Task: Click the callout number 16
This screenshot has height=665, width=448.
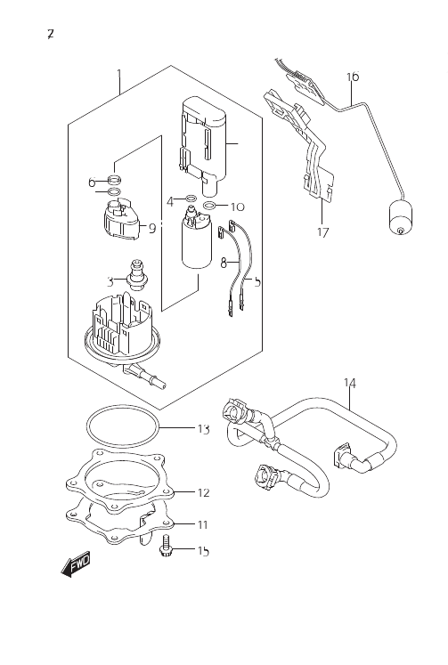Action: point(353,77)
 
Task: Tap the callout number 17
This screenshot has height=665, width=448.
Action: point(322,232)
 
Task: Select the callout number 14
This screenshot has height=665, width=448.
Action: point(349,384)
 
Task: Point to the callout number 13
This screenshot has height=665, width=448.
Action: point(204,429)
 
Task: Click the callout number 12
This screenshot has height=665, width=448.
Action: point(204,493)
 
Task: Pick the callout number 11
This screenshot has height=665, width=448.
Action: point(203,525)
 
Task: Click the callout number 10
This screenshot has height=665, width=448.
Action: point(238,207)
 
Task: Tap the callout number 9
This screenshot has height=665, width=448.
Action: point(152,229)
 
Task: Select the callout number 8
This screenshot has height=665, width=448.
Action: point(224,264)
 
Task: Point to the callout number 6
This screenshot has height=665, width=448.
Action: point(92,182)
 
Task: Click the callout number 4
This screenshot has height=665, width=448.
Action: point(170,202)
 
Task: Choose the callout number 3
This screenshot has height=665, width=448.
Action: point(110,281)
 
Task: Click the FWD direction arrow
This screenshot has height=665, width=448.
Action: point(76,564)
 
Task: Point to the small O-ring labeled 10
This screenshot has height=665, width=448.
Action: point(209,207)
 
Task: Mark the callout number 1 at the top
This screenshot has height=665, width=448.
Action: point(119,77)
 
